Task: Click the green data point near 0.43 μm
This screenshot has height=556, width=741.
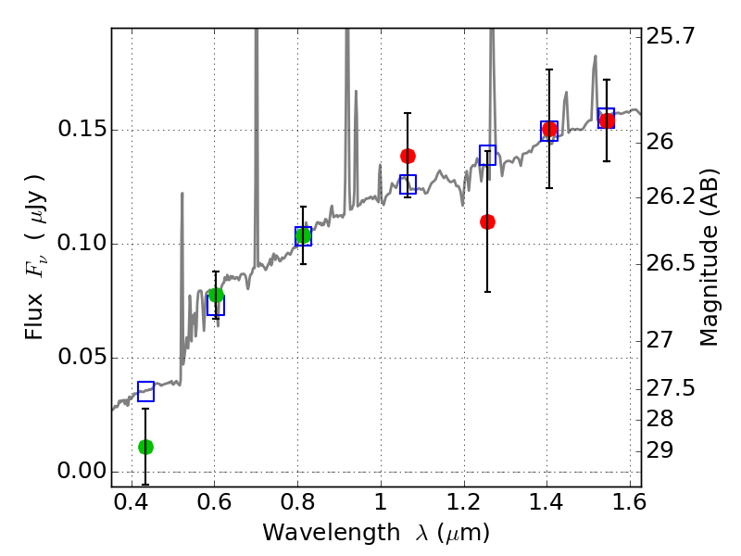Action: coord(145,447)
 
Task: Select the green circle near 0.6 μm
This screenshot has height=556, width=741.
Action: coord(216,296)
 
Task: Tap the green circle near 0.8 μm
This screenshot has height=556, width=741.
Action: coord(303,235)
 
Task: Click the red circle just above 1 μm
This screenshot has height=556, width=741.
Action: coord(408,156)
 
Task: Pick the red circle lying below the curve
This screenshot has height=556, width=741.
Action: coord(488,221)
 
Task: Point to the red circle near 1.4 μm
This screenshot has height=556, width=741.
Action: coord(549,130)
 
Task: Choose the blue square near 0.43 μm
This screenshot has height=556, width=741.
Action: coord(145,391)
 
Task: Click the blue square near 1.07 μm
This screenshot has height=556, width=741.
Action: coord(408,183)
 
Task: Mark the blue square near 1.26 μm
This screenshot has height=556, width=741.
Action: coord(488,155)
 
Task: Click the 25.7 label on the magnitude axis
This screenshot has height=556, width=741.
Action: coord(671,37)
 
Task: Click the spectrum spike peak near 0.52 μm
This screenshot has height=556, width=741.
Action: coord(182,194)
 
